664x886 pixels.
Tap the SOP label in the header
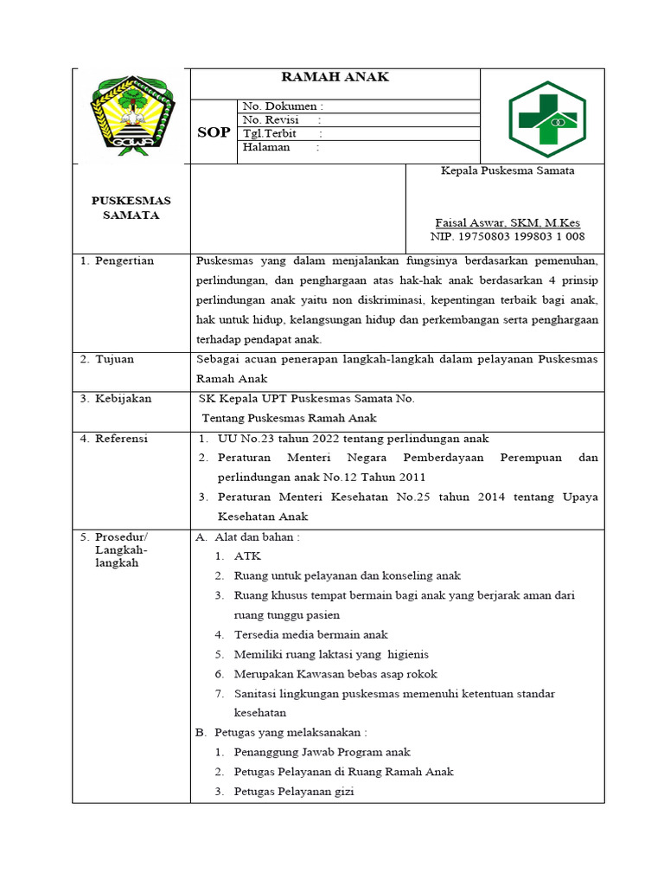214,132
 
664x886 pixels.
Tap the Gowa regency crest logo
132,115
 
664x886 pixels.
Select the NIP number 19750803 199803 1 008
507,236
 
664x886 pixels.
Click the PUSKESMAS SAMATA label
131,208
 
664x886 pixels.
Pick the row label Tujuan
116,358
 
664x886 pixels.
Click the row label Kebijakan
122,399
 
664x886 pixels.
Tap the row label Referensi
121,439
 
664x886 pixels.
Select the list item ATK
246,556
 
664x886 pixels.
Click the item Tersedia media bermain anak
310,634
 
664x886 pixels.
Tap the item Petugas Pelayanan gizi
294,792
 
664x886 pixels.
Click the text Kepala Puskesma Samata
507,171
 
